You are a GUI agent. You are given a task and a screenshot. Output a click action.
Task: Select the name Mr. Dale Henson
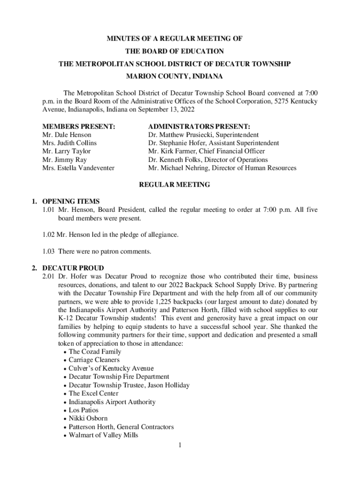pyautogui.click(x=66, y=135)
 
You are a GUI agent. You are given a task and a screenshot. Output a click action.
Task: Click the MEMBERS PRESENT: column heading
pyautogui.click(x=79, y=126)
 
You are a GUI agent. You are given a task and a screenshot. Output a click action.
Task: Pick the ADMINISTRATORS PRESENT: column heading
pyautogui.click(x=199, y=126)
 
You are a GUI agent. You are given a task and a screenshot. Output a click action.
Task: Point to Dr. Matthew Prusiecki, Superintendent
pyautogui.click(x=203, y=135)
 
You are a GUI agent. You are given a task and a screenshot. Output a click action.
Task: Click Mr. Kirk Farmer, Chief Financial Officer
pyautogui.click(x=206, y=151)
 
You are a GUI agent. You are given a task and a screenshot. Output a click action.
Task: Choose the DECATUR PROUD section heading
pyautogui.click(x=72, y=269)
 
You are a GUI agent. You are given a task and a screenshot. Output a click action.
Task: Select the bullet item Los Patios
pyautogui.click(x=84, y=410)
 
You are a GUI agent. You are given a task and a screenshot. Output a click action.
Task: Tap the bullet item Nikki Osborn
pyautogui.click(x=88, y=419)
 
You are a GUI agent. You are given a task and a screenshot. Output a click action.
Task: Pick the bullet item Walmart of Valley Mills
pyautogui.click(x=103, y=435)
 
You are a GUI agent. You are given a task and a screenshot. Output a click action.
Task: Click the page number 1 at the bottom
pyautogui.click(x=180, y=445)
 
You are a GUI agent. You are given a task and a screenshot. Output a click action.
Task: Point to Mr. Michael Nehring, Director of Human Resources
pyautogui.click(x=222, y=168)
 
